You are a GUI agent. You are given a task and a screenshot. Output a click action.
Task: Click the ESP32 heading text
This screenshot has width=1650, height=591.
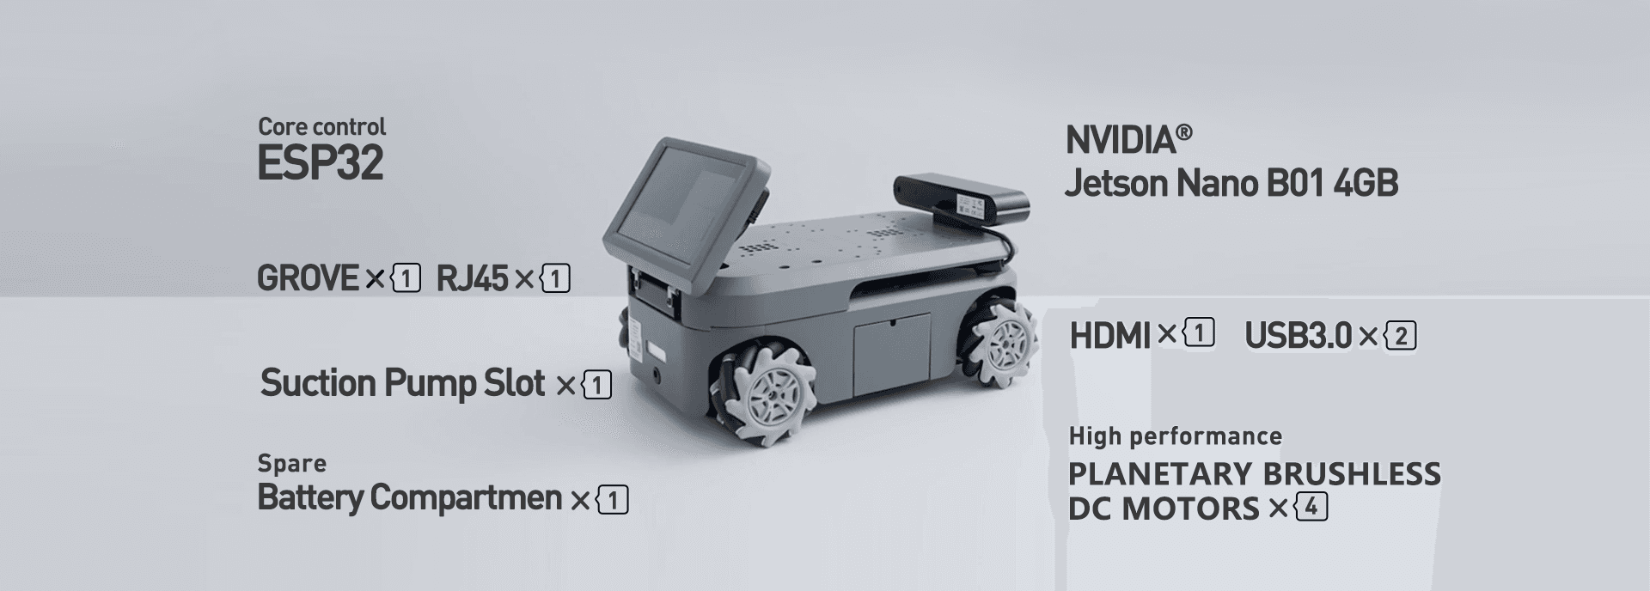tap(320, 163)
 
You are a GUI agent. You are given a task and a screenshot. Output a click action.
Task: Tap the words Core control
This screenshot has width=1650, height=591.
tap(321, 126)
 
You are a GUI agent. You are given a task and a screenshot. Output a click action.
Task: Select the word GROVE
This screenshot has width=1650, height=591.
tap(307, 278)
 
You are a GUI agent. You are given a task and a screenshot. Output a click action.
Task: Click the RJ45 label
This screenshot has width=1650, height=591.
tap(472, 278)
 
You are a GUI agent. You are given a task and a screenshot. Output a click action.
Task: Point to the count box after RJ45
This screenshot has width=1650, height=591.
tap(555, 279)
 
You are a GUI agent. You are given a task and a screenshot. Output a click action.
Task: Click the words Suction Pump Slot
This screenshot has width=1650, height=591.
tap(402, 383)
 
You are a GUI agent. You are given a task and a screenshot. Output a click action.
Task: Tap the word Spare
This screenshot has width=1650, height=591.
tap(291, 464)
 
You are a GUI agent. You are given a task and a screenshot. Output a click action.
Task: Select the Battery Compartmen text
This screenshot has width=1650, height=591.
tap(409, 497)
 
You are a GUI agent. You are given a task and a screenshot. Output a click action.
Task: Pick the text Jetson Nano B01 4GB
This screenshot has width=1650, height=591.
tap(1231, 183)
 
